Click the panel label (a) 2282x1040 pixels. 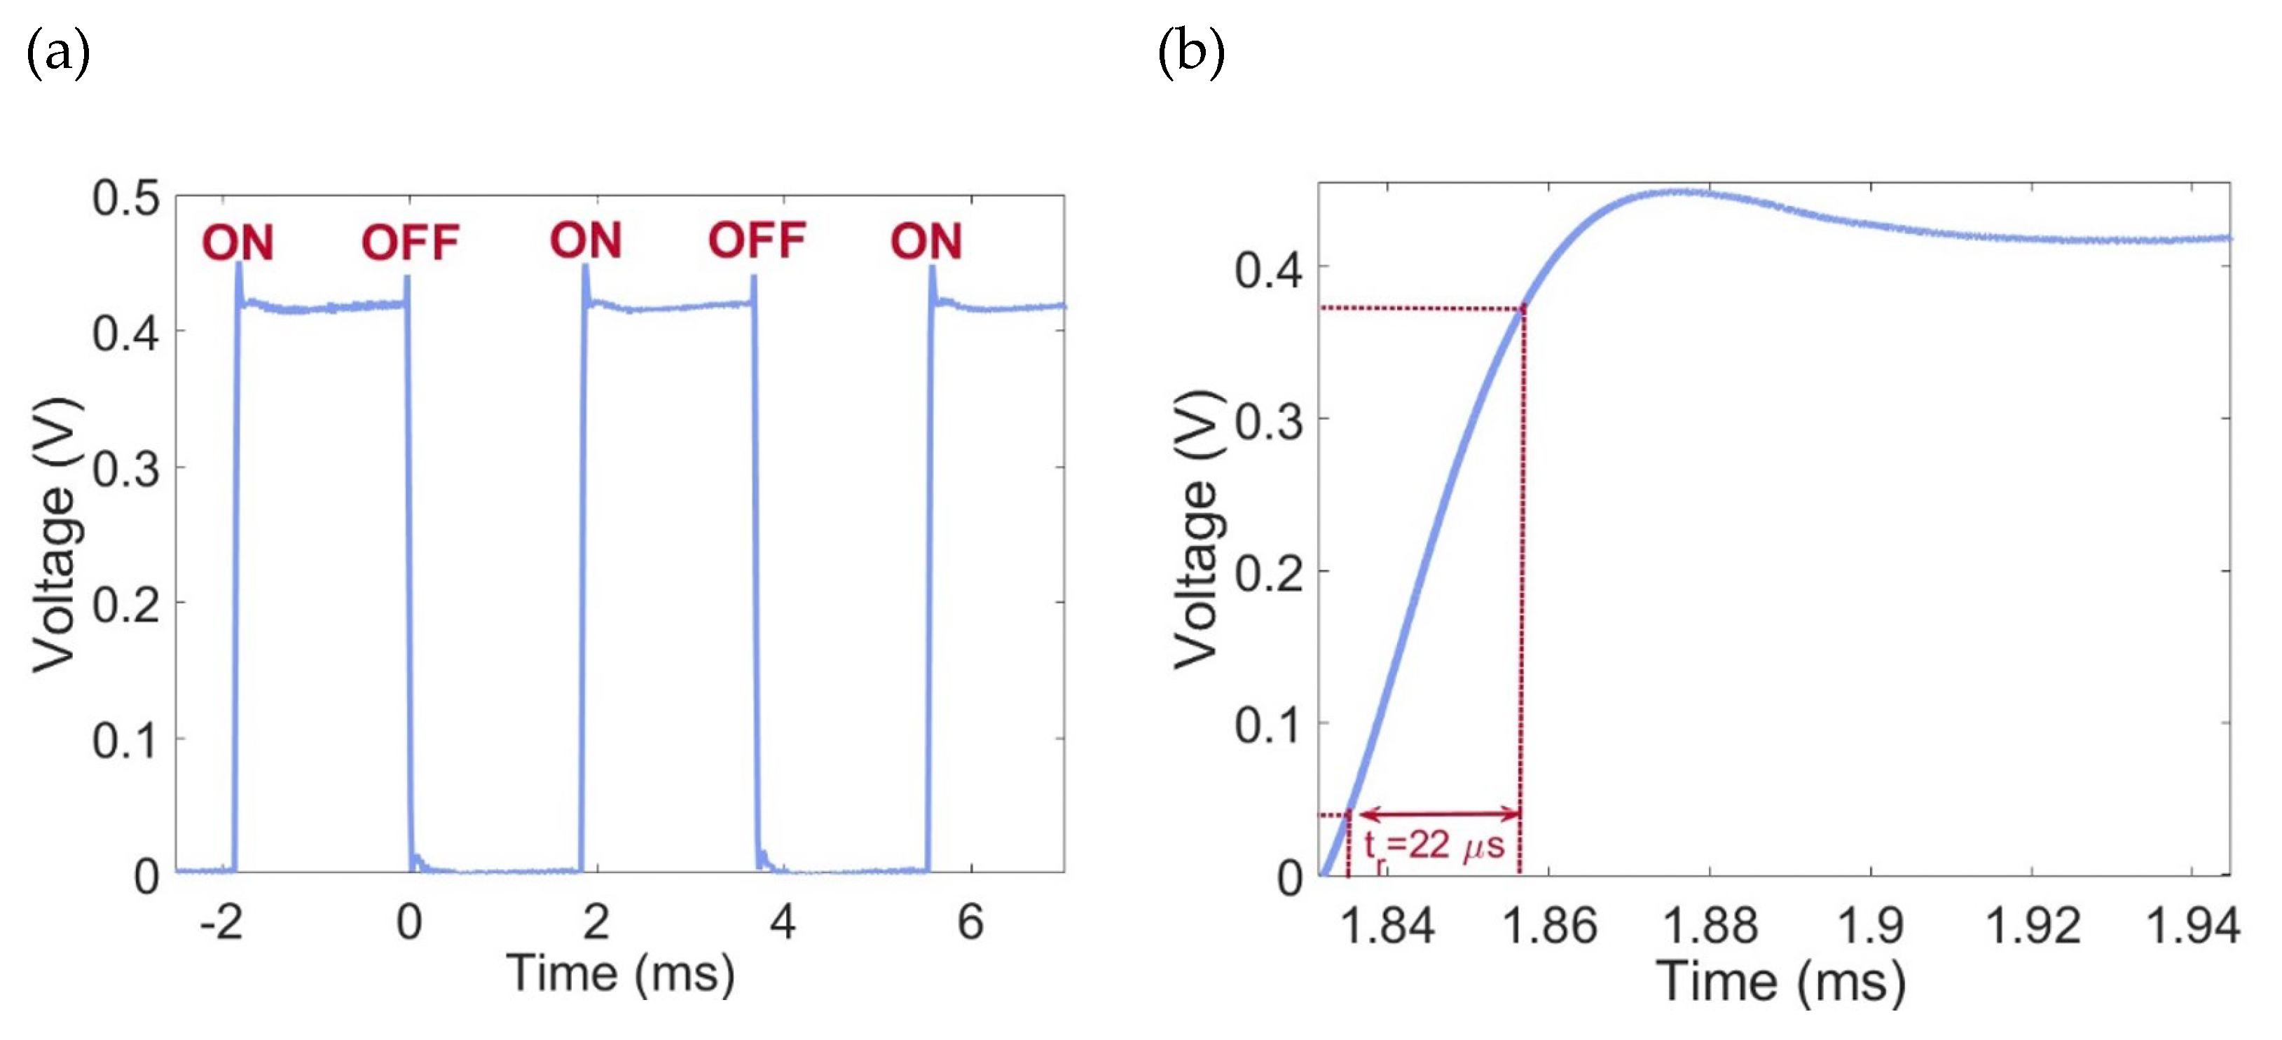pyautogui.click(x=58, y=53)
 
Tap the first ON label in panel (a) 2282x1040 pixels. pyautogui.click(x=238, y=242)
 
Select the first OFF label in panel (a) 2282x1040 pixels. pyautogui.click(x=410, y=242)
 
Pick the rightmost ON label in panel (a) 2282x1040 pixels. pyautogui.click(x=926, y=241)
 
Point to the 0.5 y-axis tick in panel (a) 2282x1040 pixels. pyautogui.click(x=126, y=198)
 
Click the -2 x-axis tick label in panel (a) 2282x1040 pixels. pyautogui.click(x=221, y=922)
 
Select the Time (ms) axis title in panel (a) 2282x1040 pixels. pyautogui.click(x=620, y=974)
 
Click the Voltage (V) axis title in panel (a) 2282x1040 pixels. pyautogui.click(x=55, y=535)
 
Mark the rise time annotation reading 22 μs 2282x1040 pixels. pyautogui.click(x=1434, y=846)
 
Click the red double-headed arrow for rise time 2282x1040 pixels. pyautogui.click(x=1440, y=813)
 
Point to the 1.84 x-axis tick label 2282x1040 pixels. pyautogui.click(x=1387, y=926)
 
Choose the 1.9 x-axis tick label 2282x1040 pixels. pyautogui.click(x=1870, y=926)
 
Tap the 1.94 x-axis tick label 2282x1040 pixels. pyautogui.click(x=2192, y=926)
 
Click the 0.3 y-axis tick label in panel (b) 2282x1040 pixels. pyautogui.click(x=1269, y=423)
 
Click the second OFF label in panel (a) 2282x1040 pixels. pyautogui.click(x=757, y=241)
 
